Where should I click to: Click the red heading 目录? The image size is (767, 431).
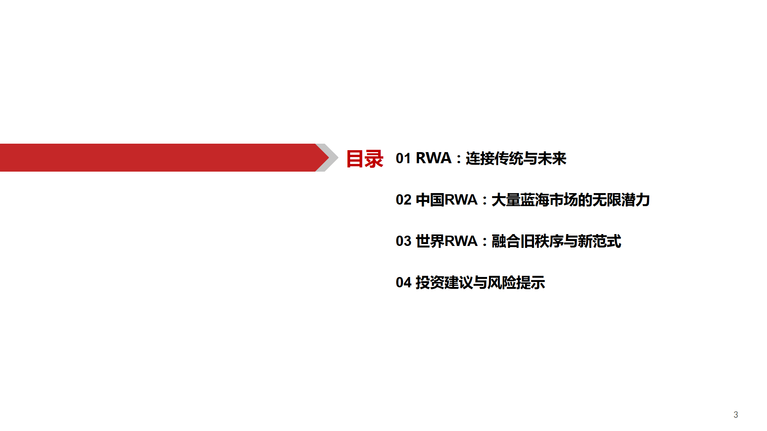[x=365, y=159]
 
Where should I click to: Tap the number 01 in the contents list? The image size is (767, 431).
[x=403, y=158]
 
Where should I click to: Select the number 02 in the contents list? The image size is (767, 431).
[x=403, y=200]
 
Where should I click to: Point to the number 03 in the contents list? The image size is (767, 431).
[x=403, y=241]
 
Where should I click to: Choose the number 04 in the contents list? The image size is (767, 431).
[x=403, y=282]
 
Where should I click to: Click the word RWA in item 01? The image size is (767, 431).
[x=433, y=158]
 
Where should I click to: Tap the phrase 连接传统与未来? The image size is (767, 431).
[x=516, y=158]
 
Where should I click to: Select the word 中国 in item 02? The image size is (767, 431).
[x=430, y=200]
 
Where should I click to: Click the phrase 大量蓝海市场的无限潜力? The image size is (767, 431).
[x=571, y=200]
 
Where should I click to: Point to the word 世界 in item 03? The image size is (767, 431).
[x=430, y=241]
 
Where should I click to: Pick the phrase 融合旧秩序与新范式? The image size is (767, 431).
[x=556, y=241]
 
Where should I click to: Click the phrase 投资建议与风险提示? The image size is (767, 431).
[x=481, y=282]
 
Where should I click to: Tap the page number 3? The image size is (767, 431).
[x=736, y=415]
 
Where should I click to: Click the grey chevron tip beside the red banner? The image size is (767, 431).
[x=337, y=157]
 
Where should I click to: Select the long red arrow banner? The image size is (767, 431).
[x=165, y=157]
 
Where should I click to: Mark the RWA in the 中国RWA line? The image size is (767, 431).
[x=461, y=200]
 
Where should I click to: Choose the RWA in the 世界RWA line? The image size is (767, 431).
[x=461, y=241]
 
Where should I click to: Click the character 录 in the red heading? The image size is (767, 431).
[x=374, y=159]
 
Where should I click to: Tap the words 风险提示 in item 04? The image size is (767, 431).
[x=517, y=282]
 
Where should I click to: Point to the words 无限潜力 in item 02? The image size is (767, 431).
[x=621, y=200]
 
